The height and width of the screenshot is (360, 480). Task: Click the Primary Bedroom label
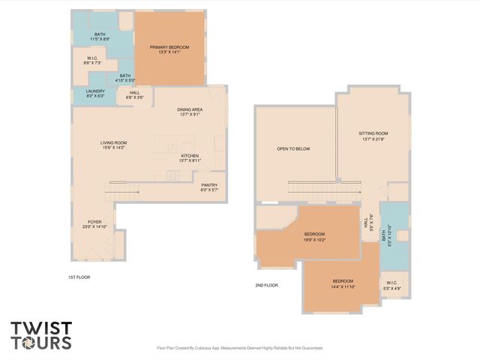coord(169,50)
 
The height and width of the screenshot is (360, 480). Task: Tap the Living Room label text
coord(114,145)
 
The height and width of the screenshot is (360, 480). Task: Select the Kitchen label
coord(190,158)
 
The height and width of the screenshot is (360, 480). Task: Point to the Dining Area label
coord(190,112)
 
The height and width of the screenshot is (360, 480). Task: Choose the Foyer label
coord(94,223)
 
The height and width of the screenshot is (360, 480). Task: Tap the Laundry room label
coord(95,94)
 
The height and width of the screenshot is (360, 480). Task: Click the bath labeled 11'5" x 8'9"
coord(100,36)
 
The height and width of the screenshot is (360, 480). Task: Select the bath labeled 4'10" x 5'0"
coord(125,77)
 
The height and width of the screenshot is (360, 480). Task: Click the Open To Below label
coord(293,148)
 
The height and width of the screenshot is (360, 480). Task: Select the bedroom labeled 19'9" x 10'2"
coord(314,236)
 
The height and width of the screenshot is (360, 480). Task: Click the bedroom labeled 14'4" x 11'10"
coord(343,283)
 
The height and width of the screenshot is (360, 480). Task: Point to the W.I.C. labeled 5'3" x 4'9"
coord(392,286)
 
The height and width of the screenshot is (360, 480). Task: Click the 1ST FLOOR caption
coord(79,277)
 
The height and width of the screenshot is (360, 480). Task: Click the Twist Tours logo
coord(41,335)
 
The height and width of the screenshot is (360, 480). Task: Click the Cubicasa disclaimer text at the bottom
coord(239,348)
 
